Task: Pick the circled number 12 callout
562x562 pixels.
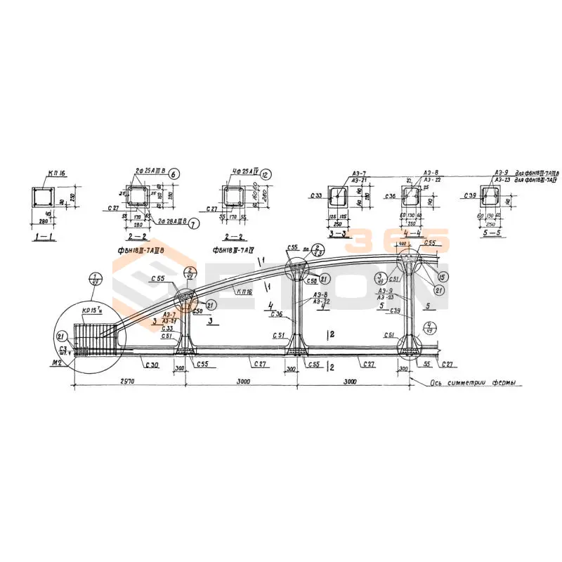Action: pyautogui.click(x=266, y=174)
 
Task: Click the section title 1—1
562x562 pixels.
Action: pyautogui.click(x=45, y=237)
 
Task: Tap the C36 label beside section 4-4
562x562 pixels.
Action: pyautogui.click(x=391, y=197)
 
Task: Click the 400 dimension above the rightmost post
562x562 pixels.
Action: pyautogui.click(x=403, y=244)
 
